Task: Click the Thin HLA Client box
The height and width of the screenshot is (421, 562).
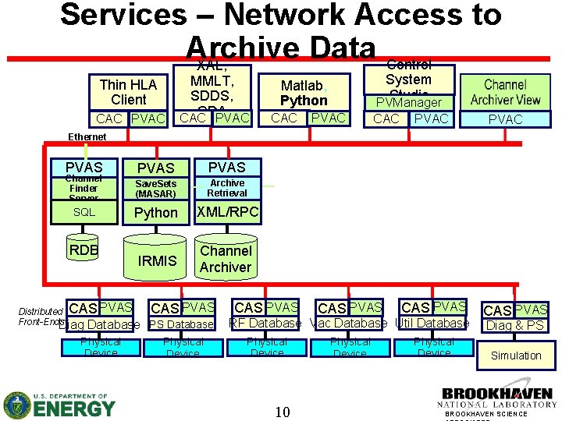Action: pos(128,92)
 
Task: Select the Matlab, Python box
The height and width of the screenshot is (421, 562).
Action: pos(304,93)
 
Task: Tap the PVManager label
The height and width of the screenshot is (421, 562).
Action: pos(409,102)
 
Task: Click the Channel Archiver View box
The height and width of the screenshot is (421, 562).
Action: pos(505,92)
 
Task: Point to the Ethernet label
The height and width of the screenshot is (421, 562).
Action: pos(87,137)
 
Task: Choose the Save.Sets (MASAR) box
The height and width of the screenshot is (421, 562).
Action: pos(156,189)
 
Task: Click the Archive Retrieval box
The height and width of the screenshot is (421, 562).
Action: pos(227,188)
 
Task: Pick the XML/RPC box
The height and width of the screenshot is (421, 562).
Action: pos(227,212)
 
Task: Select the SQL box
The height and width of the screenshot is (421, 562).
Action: pos(84,212)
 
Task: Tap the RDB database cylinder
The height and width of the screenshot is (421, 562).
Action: pos(84,251)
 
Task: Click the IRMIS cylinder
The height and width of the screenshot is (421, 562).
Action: pos(158,261)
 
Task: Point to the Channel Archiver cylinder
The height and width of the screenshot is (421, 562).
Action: pos(226,259)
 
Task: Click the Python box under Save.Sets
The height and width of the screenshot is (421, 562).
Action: pos(156,213)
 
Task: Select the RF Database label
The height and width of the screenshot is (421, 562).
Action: pos(265,323)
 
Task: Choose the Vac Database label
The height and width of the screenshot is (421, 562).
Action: pos(349,323)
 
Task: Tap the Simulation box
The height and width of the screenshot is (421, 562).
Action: pos(515,356)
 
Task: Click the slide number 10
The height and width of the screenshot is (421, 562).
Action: pos(282,412)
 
